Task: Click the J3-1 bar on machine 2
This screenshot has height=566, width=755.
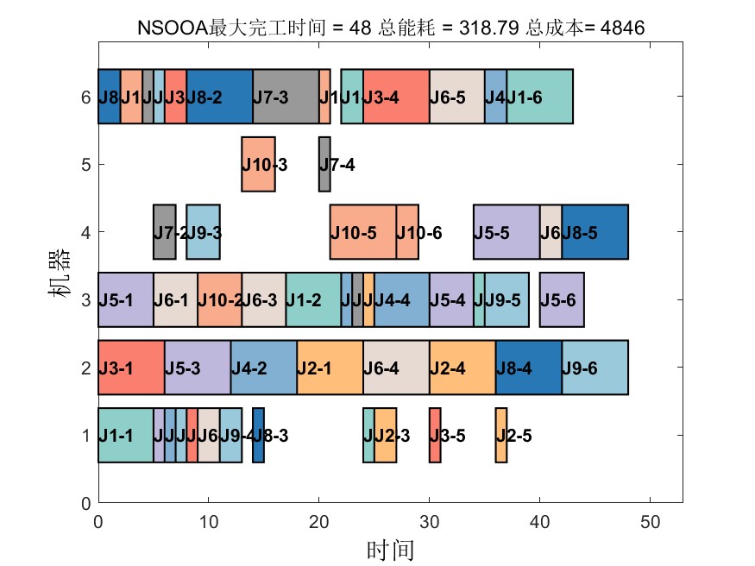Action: point(131,368)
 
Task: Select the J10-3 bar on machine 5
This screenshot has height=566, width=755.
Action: point(258,164)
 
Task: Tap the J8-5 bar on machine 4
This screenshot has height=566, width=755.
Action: point(595,231)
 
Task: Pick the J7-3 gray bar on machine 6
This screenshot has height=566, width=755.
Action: point(286,97)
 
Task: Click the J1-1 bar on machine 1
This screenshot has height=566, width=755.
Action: point(125,435)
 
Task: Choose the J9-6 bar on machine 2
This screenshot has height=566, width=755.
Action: point(595,368)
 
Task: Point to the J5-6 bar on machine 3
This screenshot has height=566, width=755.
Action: point(562,299)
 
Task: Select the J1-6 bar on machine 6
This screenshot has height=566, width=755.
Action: point(539,97)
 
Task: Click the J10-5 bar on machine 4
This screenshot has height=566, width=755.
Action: point(362,231)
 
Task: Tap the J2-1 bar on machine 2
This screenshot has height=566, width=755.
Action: point(330,368)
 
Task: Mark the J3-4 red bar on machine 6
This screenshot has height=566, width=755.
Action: point(396,97)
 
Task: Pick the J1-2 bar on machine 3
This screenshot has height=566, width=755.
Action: point(313,299)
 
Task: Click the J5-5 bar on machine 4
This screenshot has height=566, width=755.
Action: point(506,231)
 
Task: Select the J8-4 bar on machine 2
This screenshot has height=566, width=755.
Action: point(528,368)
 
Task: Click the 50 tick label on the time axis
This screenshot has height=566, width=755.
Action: point(651,521)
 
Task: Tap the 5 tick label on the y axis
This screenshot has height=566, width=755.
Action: point(85,164)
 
